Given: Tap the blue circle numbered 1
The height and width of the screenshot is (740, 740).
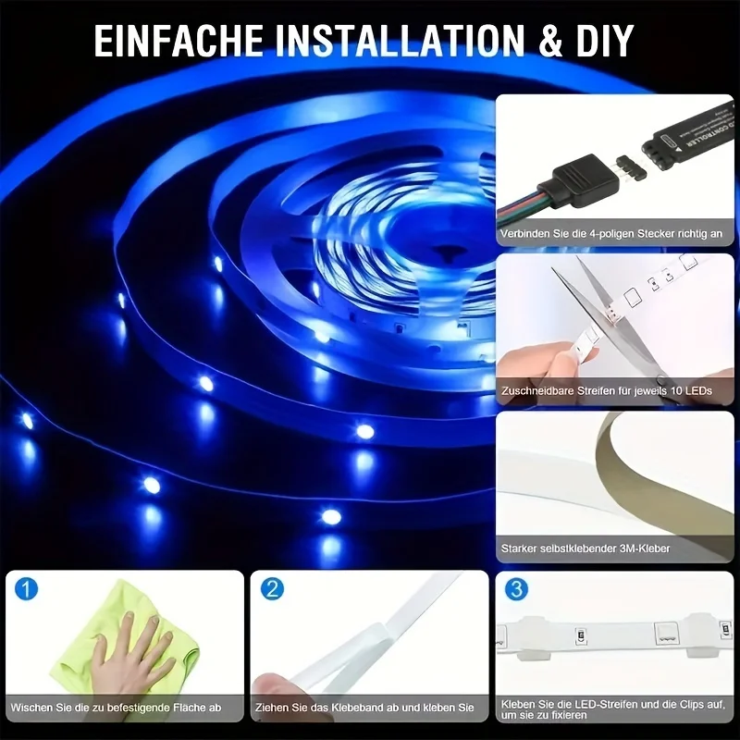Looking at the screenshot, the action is [x=26, y=589].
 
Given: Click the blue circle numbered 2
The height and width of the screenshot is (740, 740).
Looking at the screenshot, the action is [x=272, y=589].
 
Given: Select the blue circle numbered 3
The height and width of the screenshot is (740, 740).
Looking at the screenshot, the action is [x=517, y=589].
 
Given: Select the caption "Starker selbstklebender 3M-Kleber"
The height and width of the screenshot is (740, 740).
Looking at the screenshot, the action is [x=586, y=549].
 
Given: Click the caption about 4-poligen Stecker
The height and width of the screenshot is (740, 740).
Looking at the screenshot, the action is [x=611, y=234].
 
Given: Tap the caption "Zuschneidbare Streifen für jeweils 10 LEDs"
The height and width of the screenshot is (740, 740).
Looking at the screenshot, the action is [x=607, y=390].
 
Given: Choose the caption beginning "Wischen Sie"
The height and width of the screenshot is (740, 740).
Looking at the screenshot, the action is [x=116, y=708].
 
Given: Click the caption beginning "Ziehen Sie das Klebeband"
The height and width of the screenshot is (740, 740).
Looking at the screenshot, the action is [x=364, y=708].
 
